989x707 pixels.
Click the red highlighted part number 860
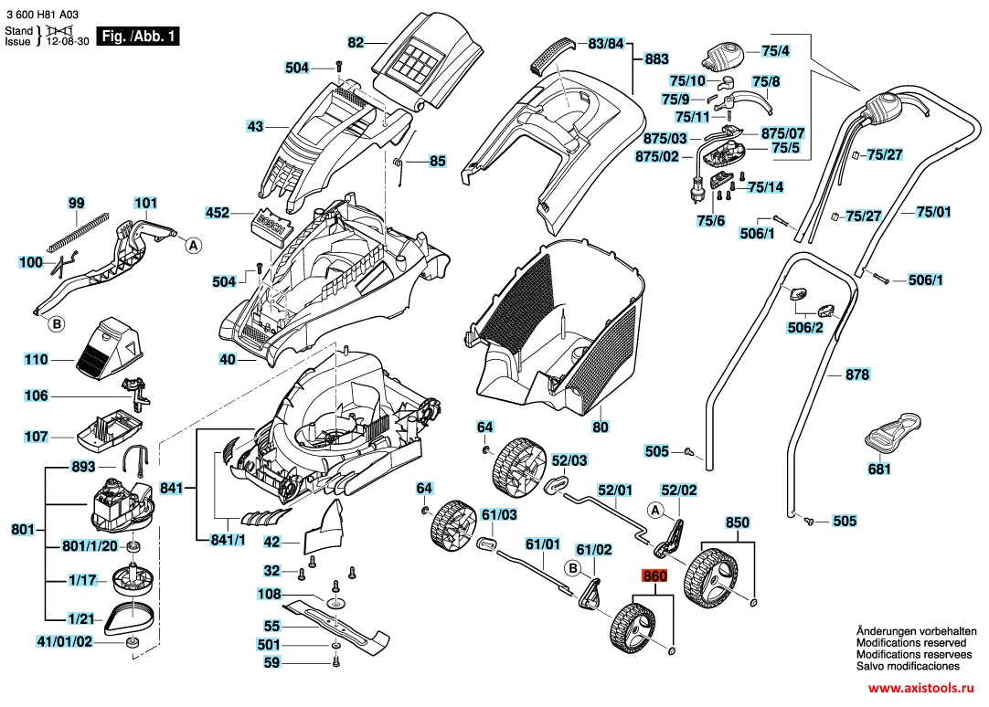click(x=655, y=576)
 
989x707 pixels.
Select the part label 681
click(x=879, y=470)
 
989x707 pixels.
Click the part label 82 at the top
click(x=356, y=42)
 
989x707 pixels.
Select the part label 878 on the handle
click(x=857, y=375)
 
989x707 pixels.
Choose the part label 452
click(x=218, y=213)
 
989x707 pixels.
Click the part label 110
click(x=36, y=360)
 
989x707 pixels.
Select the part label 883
click(x=656, y=58)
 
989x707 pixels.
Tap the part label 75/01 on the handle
click(x=933, y=212)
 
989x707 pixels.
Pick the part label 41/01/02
click(x=64, y=641)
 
